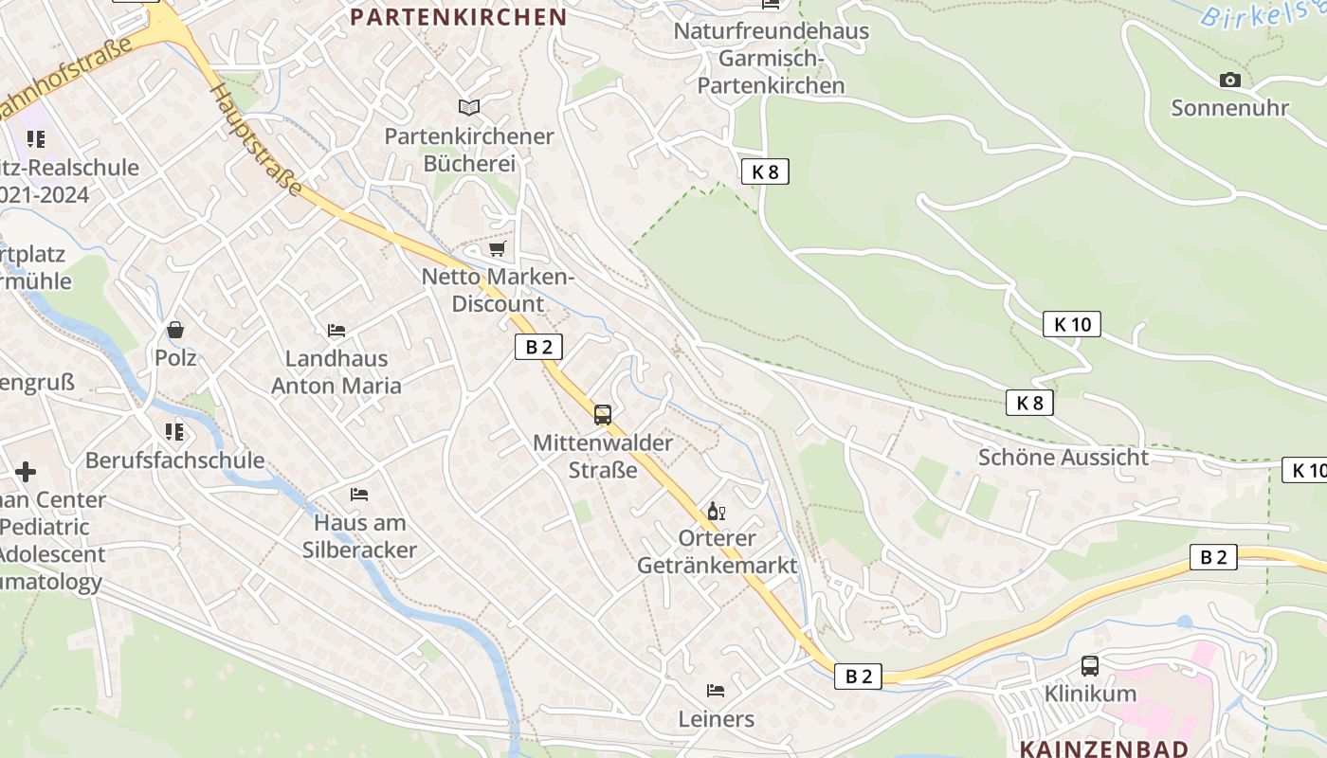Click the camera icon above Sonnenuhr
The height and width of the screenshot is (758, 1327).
[x=1229, y=81]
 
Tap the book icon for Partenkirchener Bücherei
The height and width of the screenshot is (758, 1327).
[x=469, y=107]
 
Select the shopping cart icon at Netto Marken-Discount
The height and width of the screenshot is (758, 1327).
[x=497, y=249]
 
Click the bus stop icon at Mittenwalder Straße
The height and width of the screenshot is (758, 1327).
[x=603, y=414]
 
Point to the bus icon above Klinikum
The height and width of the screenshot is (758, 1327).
[x=1090, y=666]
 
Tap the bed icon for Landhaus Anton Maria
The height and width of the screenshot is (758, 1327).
[x=336, y=331]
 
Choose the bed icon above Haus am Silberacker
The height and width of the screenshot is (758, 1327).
[x=359, y=495]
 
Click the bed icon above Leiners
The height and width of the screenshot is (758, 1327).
[x=716, y=691]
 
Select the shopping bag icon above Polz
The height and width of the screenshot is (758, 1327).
[x=175, y=330]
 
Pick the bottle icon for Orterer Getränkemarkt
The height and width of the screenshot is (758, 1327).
[x=717, y=512]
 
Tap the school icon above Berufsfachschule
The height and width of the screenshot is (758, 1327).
[x=174, y=432]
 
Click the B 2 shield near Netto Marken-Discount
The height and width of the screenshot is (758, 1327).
[x=538, y=347]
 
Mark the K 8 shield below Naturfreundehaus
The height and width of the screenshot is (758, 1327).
[x=765, y=171]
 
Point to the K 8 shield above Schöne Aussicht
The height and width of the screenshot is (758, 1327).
[x=1029, y=403]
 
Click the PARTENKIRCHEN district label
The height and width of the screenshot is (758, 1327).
[x=459, y=17]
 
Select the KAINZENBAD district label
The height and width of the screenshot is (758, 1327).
[x=1103, y=749]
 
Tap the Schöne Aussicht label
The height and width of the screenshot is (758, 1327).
[x=1063, y=458]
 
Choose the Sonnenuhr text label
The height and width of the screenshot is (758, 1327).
[x=1229, y=108]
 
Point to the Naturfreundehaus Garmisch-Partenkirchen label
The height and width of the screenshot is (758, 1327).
[x=771, y=58]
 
